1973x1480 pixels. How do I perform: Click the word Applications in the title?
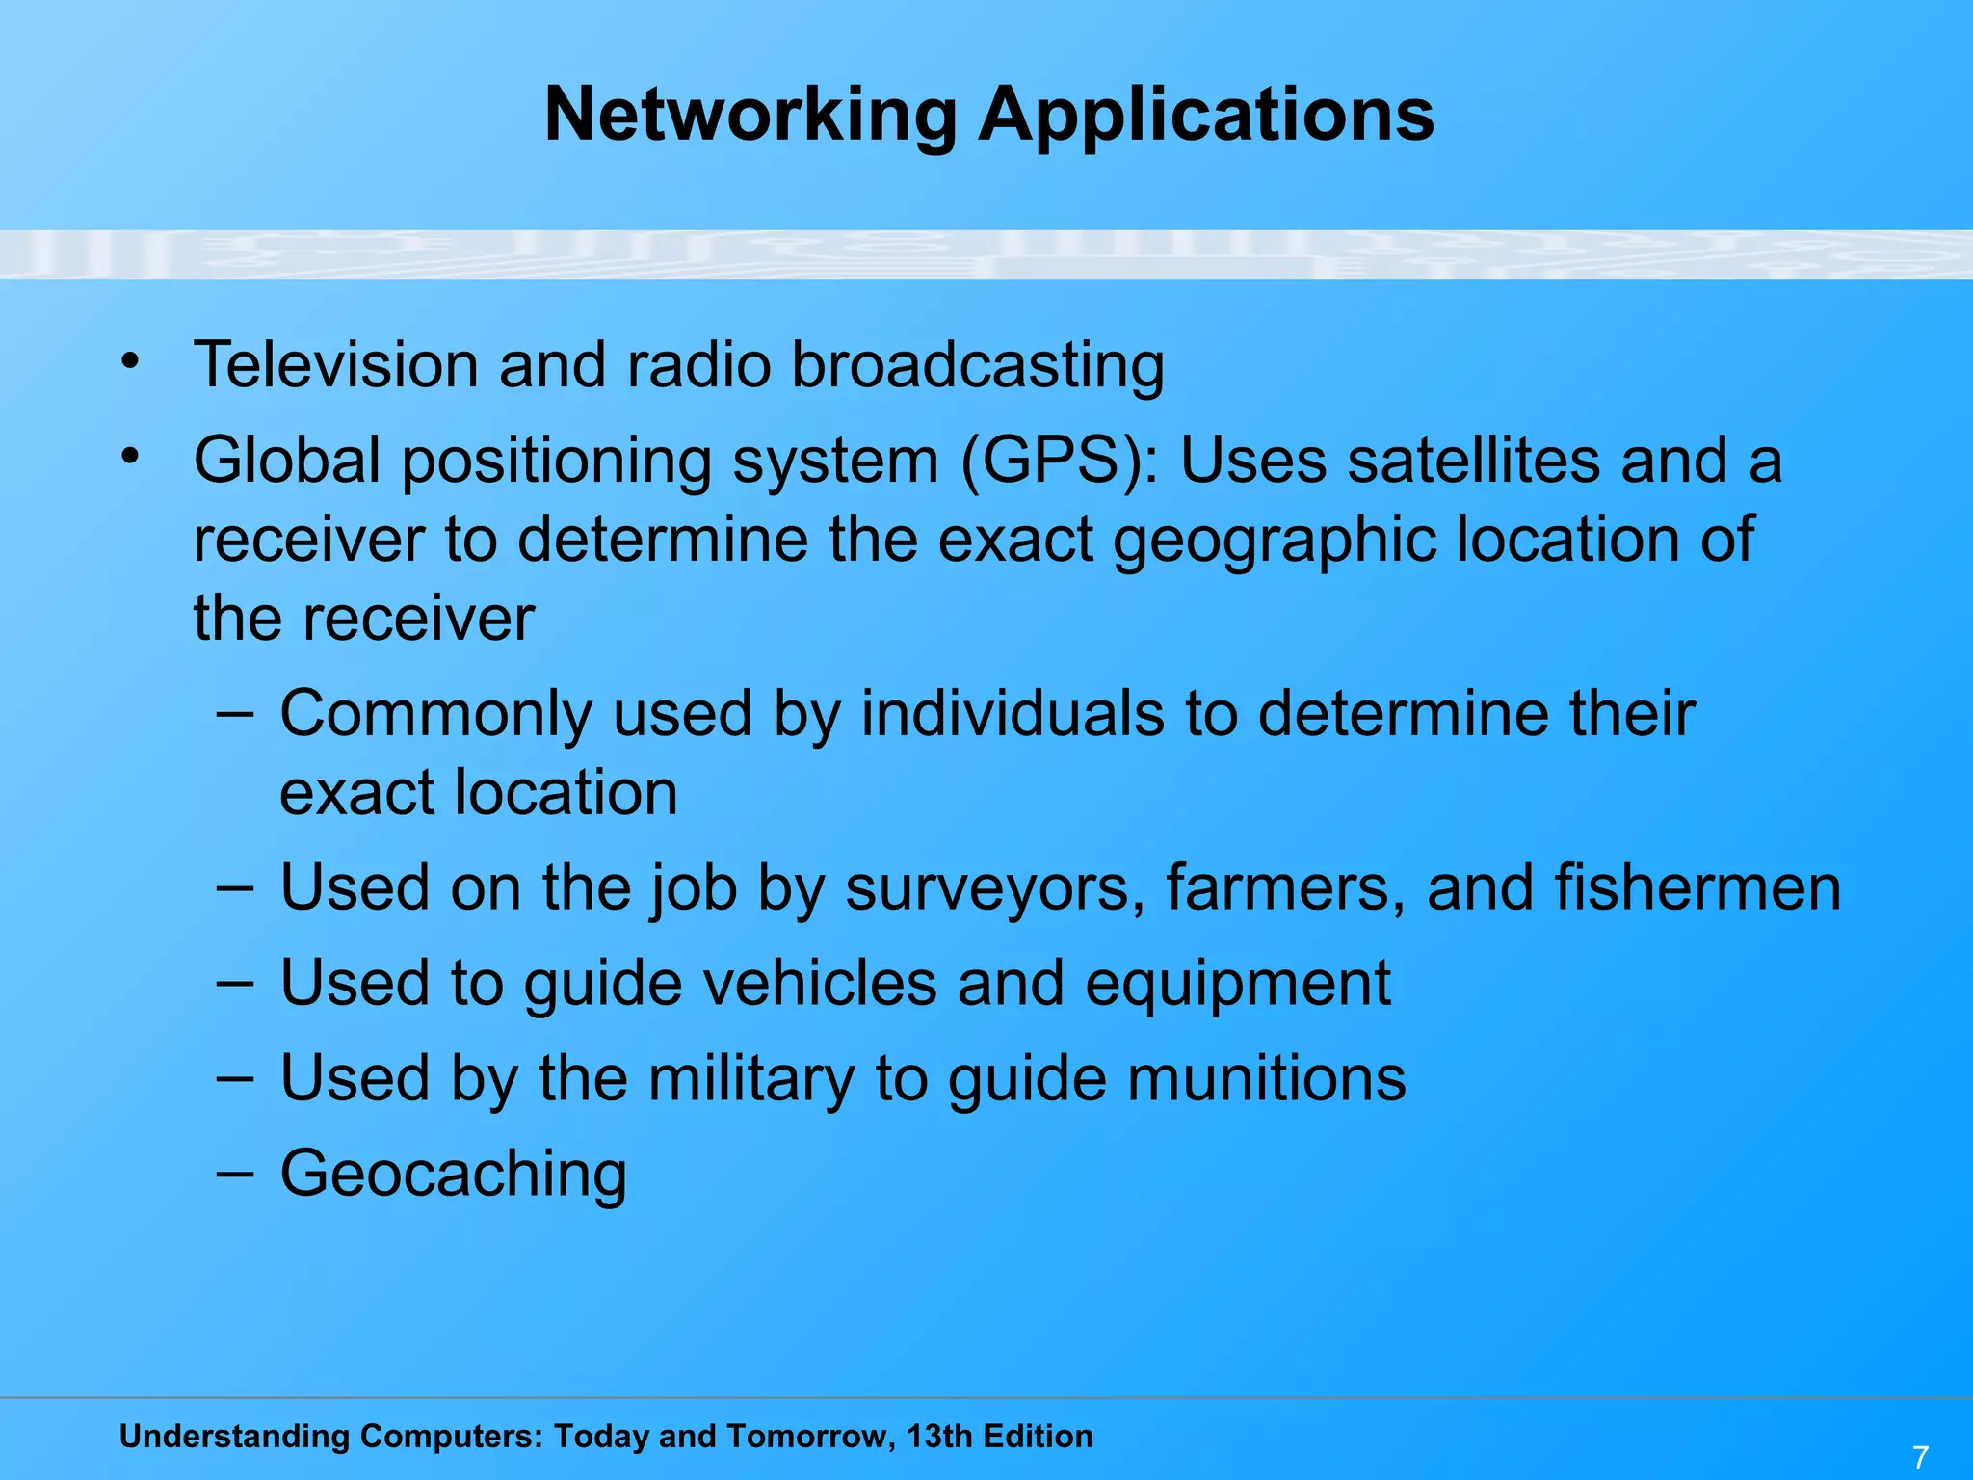[1206, 116]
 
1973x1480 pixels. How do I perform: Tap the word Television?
[336, 365]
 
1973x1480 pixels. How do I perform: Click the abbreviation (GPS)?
[1061, 462]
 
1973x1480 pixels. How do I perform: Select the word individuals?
[1012, 714]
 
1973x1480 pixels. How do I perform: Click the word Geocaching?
[453, 1175]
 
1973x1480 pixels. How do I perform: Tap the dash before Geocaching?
[235, 1173]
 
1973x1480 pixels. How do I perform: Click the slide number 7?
[1920, 1457]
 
